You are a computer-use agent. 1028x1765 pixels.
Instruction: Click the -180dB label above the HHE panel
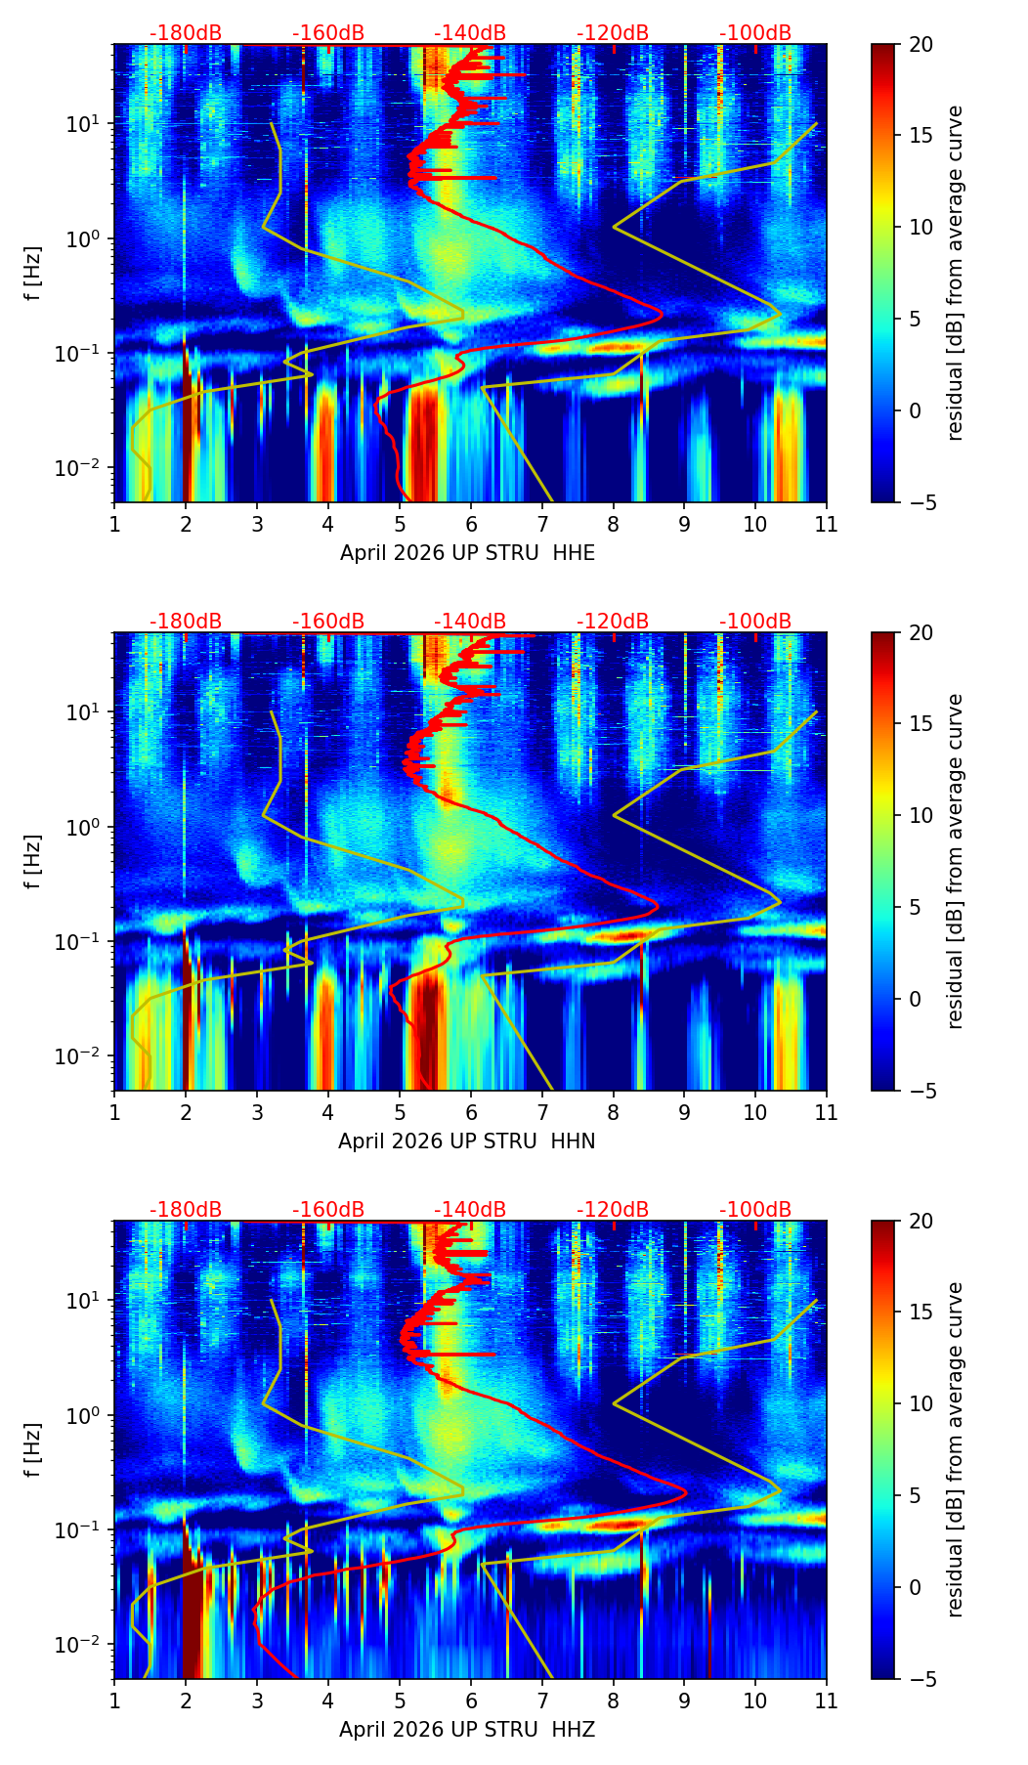click(186, 33)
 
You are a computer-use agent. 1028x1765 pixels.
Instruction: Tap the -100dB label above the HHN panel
click(755, 622)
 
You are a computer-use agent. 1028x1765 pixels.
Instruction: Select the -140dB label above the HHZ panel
click(470, 1210)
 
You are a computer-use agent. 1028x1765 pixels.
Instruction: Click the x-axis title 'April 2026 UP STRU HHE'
click(467, 553)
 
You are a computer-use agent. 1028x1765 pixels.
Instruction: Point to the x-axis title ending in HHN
click(467, 1141)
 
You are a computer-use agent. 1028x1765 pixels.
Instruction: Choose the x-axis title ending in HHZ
click(467, 1730)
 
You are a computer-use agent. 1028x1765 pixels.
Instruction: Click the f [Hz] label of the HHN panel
click(34, 861)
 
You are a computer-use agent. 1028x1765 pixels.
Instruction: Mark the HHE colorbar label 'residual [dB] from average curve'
click(955, 273)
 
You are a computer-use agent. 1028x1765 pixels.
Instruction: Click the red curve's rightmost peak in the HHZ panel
click(686, 1492)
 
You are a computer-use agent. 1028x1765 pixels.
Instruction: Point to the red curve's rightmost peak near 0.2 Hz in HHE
click(662, 314)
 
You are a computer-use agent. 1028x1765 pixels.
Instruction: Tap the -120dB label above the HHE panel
click(613, 33)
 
